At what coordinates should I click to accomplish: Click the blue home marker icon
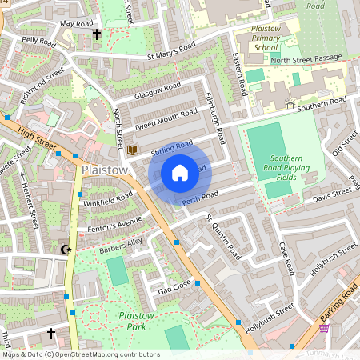coord(180,173)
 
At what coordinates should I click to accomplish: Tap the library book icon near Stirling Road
coord(134,150)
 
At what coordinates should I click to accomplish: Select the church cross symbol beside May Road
coord(98,34)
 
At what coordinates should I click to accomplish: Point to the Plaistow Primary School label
coord(265,38)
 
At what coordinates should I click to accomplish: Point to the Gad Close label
coord(174,286)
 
